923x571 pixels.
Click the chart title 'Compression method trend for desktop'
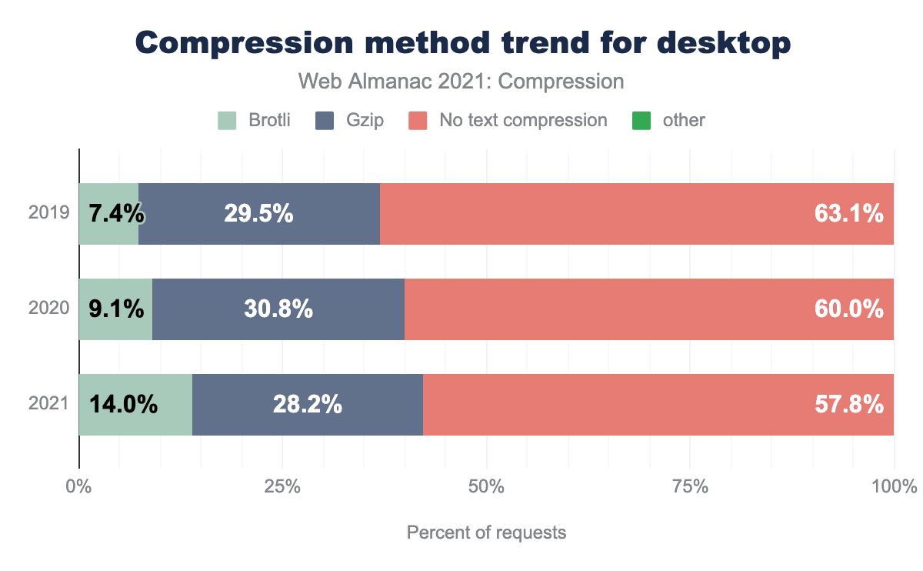tap(462, 43)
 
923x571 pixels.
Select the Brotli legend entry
tap(255, 120)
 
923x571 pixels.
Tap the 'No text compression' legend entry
tap(508, 120)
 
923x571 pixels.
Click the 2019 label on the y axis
tap(49, 214)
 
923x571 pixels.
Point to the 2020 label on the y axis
tap(49, 309)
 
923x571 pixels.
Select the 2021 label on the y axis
tap(49, 404)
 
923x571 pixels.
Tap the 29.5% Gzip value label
tap(258, 214)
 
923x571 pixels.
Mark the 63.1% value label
tap(848, 214)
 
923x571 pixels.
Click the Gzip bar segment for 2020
tap(278, 309)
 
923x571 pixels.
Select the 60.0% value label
tap(848, 309)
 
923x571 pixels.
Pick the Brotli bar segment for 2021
tap(135, 404)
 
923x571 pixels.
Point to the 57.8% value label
tap(848, 404)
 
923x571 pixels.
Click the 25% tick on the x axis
tap(282, 487)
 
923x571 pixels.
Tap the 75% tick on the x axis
tap(690, 487)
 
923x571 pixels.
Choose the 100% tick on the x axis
tap(893, 487)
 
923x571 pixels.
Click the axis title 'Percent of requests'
tap(486, 533)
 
